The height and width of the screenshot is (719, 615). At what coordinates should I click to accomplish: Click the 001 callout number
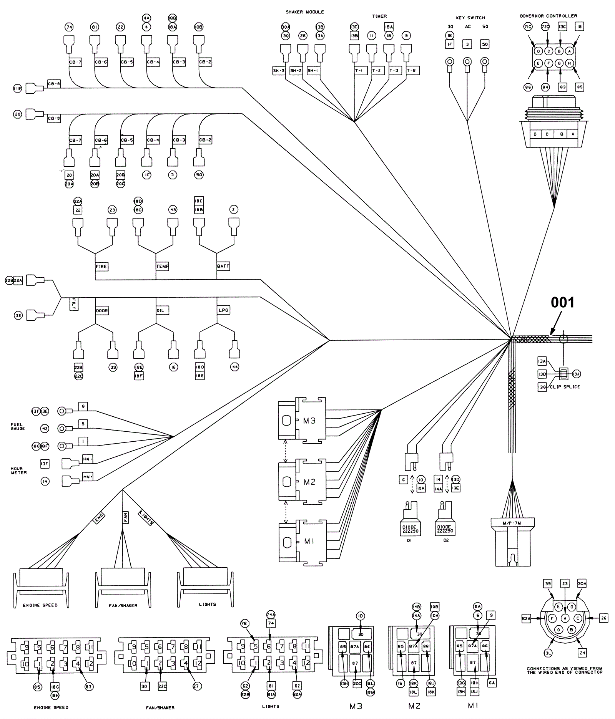[562, 303]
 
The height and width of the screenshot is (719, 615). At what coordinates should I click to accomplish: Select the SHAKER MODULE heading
[304, 12]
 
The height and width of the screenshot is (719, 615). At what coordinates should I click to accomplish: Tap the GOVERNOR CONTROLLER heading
[548, 16]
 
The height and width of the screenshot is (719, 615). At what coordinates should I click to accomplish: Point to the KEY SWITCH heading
[470, 18]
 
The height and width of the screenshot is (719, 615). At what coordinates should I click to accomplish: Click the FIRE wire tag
[101, 266]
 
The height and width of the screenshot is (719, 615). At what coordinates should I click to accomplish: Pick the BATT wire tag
[223, 266]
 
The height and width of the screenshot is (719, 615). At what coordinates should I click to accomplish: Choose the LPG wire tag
[223, 310]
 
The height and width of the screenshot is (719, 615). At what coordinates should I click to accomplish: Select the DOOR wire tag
[102, 310]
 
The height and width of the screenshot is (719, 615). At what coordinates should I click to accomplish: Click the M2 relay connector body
[302, 482]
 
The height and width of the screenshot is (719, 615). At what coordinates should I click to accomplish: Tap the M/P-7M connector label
[512, 523]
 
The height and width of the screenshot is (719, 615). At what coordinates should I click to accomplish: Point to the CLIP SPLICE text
[565, 387]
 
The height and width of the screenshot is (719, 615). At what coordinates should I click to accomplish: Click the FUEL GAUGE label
[17, 427]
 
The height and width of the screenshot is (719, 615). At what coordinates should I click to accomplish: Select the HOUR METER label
[18, 470]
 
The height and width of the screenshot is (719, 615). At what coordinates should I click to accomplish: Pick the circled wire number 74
[69, 27]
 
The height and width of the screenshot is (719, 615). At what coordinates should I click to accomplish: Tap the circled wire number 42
[45, 428]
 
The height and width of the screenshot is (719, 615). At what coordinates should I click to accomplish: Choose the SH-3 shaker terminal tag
[279, 71]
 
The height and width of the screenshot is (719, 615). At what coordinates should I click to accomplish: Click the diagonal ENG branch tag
[98, 519]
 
